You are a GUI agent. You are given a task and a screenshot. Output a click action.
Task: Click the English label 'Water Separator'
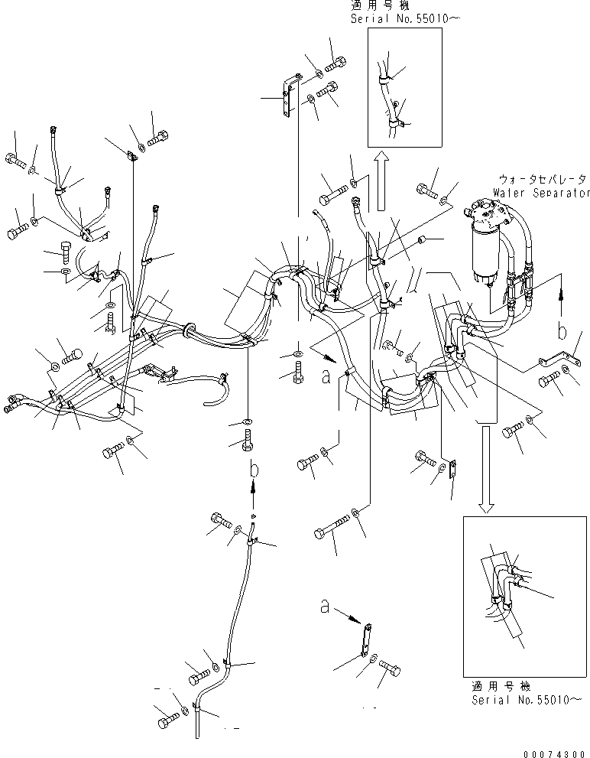pos(541,194)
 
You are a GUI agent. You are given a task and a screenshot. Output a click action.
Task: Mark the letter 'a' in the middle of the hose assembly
pos(326,377)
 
